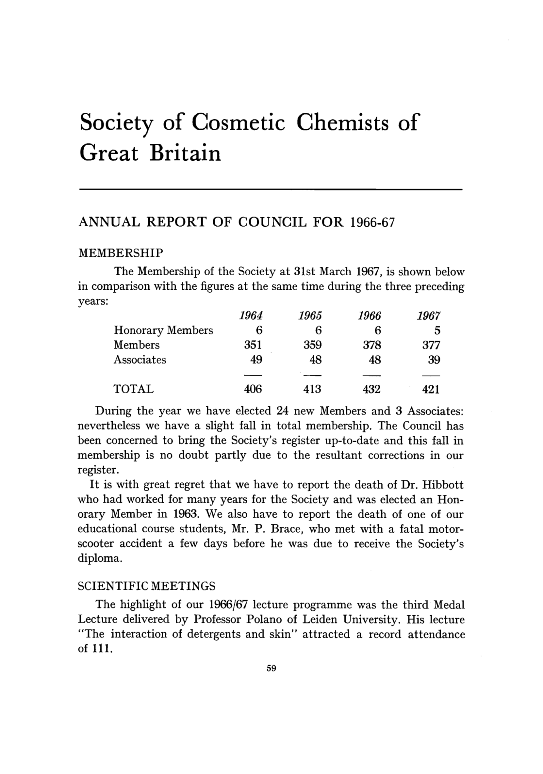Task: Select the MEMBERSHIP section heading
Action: tap(121, 252)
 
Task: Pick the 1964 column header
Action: tap(251, 316)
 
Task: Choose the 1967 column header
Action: tap(429, 316)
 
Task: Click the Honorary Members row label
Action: tap(163, 330)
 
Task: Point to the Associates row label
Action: tap(140, 360)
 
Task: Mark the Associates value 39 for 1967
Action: tap(434, 360)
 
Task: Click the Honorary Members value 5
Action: tap(437, 331)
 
